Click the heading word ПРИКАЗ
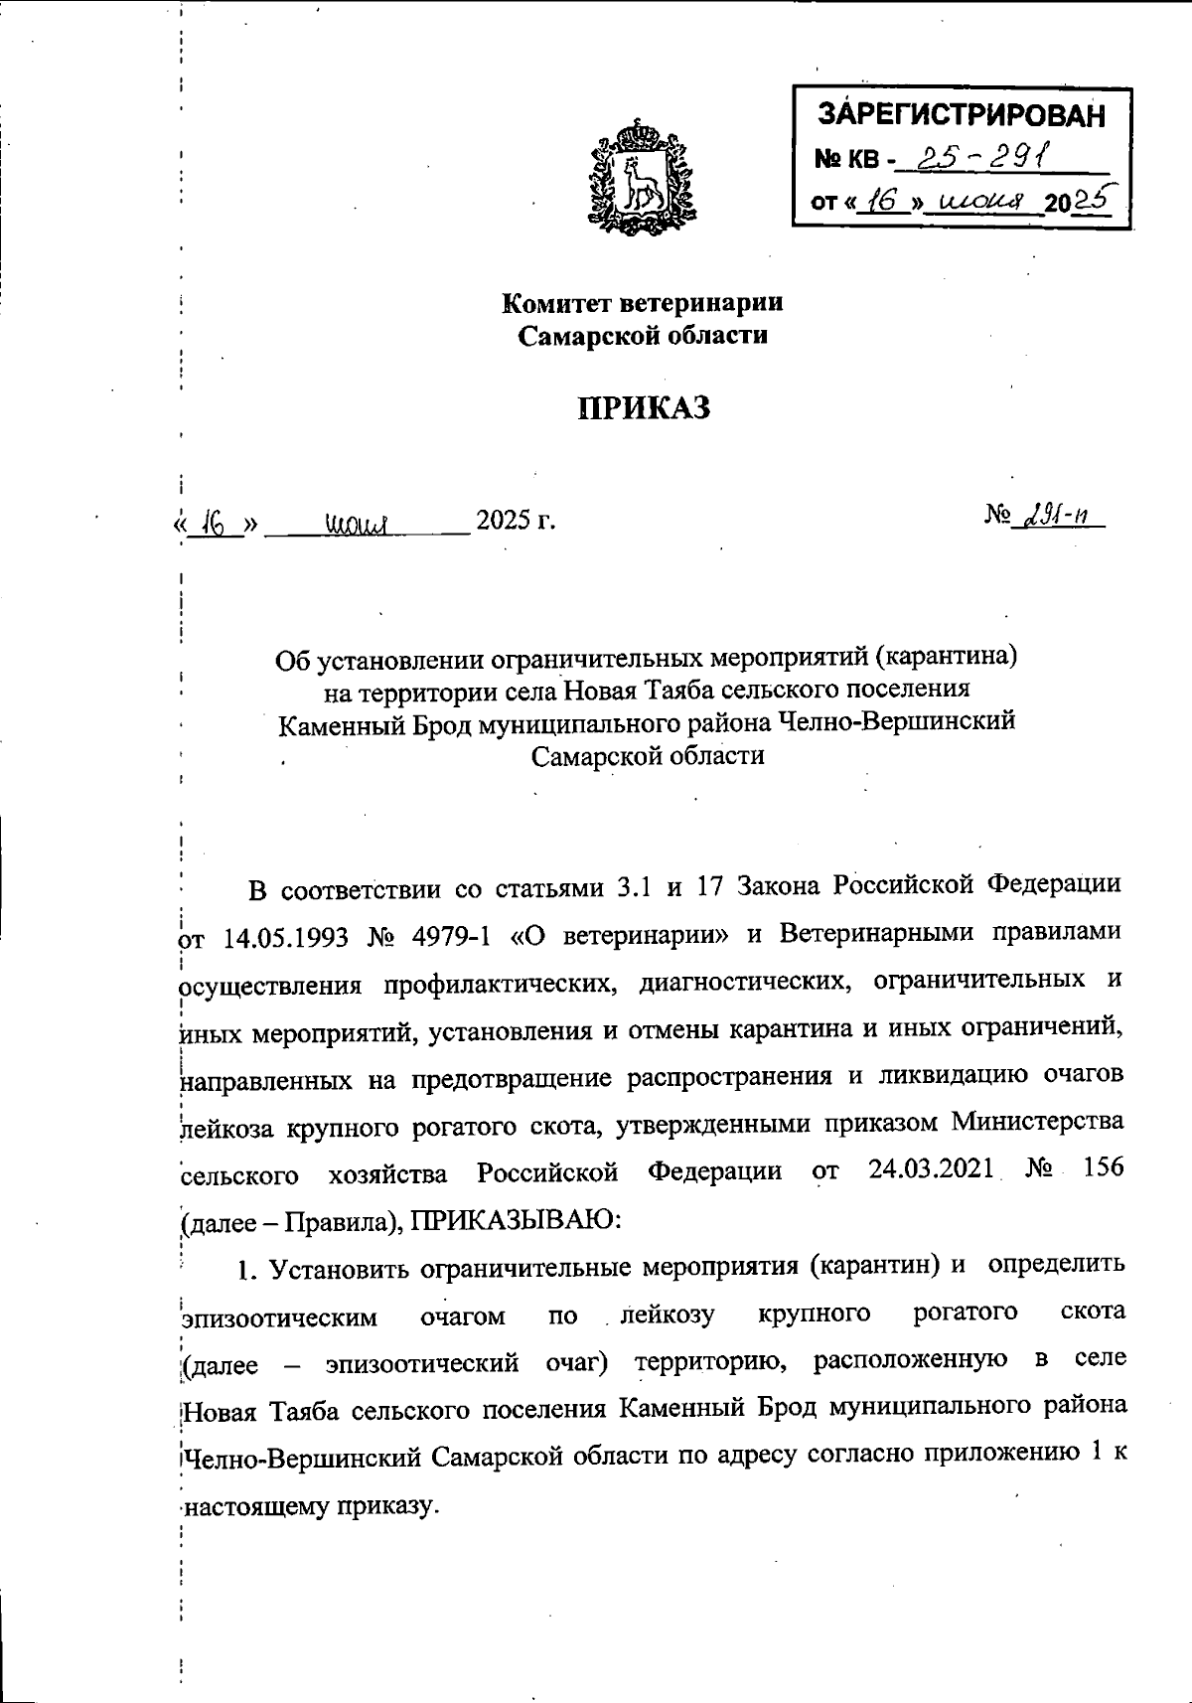click(x=645, y=407)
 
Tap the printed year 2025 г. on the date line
click(x=515, y=520)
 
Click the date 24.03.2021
click(x=931, y=1168)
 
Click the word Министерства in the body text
click(x=1037, y=1122)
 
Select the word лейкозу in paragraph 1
click(x=667, y=1315)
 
